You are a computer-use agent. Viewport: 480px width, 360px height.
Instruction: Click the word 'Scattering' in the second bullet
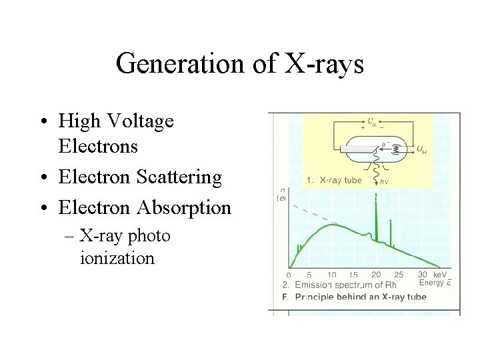(x=179, y=177)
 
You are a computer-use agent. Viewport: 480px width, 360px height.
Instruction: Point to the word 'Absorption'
(x=183, y=207)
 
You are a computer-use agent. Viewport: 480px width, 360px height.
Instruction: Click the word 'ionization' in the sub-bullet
(x=117, y=258)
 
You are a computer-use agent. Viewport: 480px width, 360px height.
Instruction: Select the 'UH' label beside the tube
(x=421, y=151)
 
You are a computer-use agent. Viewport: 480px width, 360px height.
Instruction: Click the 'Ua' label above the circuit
(x=371, y=121)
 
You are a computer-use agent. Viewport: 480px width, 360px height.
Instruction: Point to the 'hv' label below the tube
(x=384, y=181)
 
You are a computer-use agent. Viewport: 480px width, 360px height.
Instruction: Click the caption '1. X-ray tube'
(x=334, y=180)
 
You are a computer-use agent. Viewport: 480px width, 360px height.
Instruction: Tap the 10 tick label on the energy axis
(x=331, y=275)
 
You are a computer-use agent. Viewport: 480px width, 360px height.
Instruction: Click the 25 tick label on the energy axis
(x=398, y=275)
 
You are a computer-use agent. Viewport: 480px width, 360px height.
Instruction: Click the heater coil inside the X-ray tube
(x=398, y=151)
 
